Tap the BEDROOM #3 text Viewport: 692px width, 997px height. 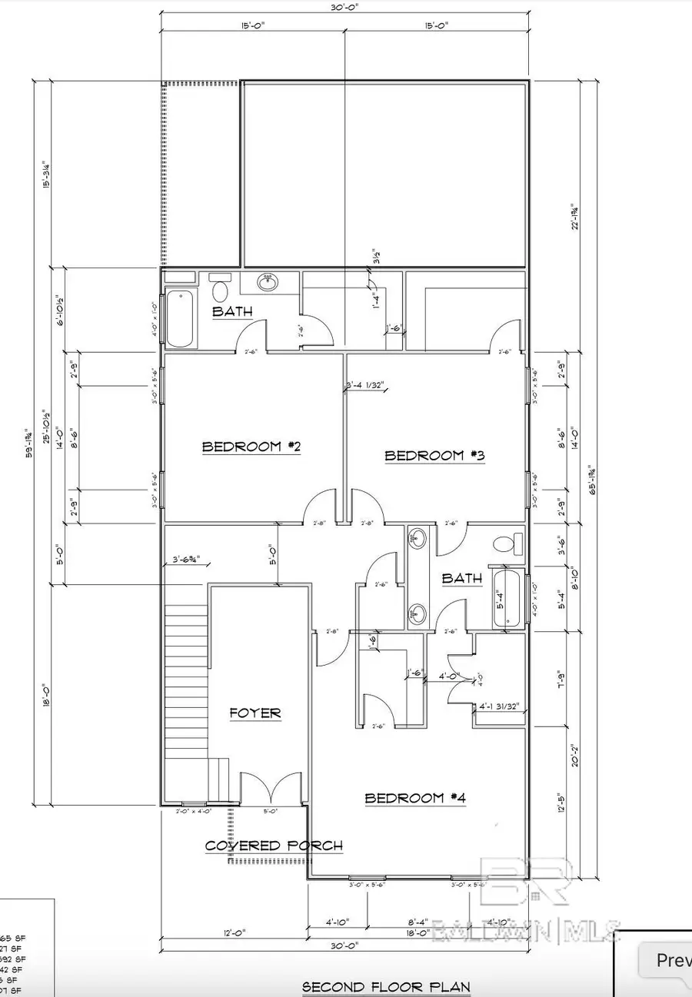point(434,456)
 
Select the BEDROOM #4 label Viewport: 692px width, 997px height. point(415,798)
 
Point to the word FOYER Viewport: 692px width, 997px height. point(255,713)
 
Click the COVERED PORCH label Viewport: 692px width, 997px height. point(274,846)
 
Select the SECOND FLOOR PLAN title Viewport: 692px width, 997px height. point(386,986)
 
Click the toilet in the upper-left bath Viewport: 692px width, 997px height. point(221,290)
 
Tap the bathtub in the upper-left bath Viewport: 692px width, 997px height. point(181,317)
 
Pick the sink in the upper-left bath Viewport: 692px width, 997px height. point(268,283)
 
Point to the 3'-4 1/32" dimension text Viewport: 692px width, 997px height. point(367,386)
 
